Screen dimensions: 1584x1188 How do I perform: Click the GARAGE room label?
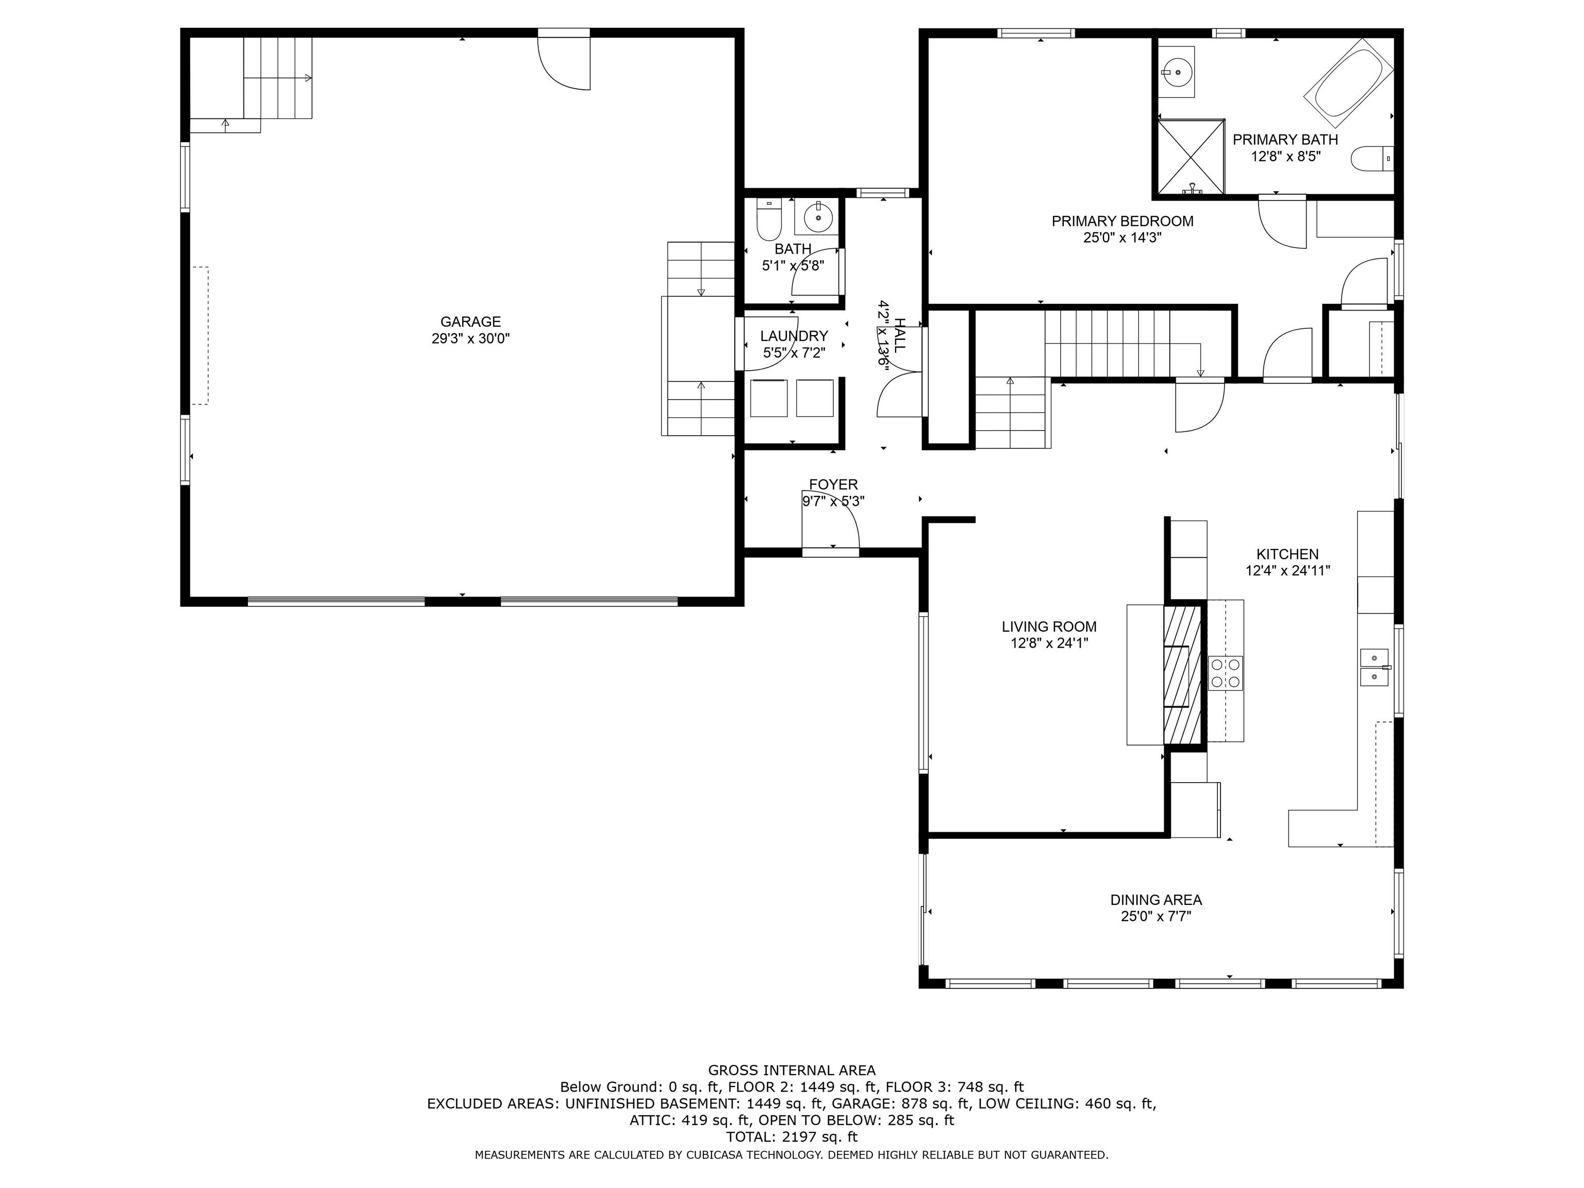[x=470, y=322]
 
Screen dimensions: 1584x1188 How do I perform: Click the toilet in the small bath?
[x=768, y=219]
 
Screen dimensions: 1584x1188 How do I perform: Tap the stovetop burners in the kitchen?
[x=1225, y=673]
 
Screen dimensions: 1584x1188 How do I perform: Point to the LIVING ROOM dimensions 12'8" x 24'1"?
[x=1049, y=643]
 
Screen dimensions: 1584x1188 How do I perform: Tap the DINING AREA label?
[x=1156, y=899]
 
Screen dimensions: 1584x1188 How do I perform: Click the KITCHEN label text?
[x=1287, y=554]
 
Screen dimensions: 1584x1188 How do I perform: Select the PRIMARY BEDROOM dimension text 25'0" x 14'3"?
[x=1122, y=238]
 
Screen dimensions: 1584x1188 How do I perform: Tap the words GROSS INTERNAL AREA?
[x=791, y=1070]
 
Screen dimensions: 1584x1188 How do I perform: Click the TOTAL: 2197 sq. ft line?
[x=791, y=1136]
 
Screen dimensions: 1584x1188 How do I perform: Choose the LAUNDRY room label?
[x=794, y=336]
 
